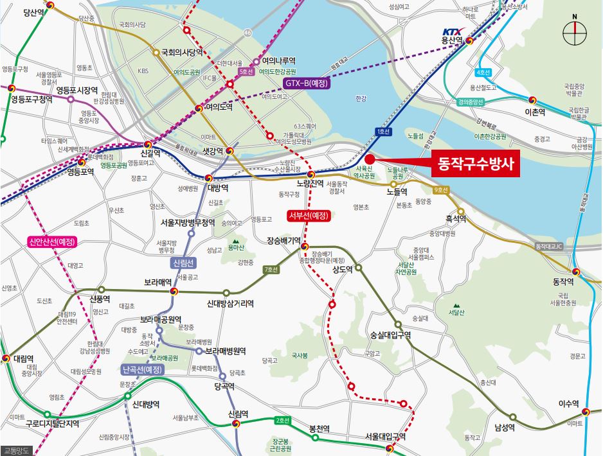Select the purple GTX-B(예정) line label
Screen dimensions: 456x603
[307, 83]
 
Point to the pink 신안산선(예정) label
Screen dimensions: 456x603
[52, 242]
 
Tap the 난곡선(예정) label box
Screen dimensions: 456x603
[142, 369]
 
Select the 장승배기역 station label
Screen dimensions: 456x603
[283, 241]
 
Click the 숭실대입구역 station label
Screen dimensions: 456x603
[390, 335]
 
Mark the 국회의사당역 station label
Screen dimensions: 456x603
[181, 53]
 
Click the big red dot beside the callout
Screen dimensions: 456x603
[369, 160]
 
